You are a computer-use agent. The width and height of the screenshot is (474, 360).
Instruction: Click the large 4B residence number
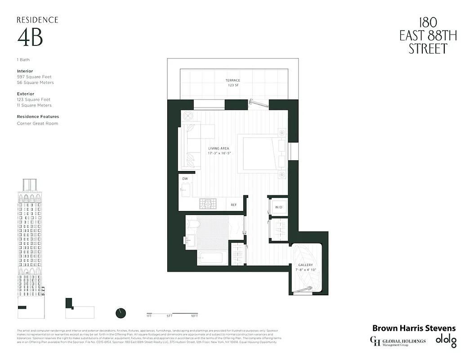pos(30,38)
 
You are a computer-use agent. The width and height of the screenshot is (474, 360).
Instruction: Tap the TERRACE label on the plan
pos(233,81)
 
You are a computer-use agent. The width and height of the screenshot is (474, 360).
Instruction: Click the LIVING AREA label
pos(219,148)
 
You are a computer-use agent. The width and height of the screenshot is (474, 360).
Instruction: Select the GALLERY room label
pos(306,265)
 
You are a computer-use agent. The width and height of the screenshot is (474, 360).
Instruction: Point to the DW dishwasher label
pos(185,179)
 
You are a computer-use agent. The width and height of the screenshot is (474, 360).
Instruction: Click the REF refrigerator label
pos(234,205)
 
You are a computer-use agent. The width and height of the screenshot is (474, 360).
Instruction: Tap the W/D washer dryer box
pos(278,207)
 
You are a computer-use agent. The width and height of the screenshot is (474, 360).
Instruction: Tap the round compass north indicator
pos(121,313)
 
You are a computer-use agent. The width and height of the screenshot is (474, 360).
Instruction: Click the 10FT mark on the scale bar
pos(193,316)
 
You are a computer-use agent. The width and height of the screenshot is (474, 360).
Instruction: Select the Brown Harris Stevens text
pos(414,328)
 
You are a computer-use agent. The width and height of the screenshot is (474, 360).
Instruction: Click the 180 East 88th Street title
pos(428,36)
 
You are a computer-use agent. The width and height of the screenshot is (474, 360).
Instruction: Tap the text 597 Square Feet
pos(34,77)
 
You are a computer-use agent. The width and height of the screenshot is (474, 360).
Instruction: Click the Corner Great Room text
pos(37,123)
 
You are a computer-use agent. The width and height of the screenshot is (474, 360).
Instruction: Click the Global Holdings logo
pos(398,342)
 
